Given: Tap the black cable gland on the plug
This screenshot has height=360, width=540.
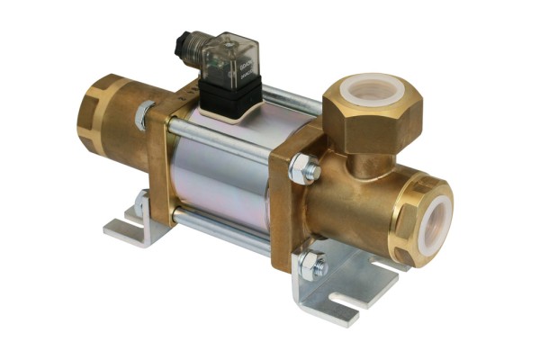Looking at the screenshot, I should click(x=185, y=42).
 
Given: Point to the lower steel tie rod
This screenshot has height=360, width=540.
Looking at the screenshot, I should click(x=225, y=229).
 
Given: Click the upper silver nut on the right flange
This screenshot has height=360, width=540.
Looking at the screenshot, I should click(x=303, y=168).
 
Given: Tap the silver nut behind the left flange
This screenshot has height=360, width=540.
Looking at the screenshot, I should click(x=144, y=115).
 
